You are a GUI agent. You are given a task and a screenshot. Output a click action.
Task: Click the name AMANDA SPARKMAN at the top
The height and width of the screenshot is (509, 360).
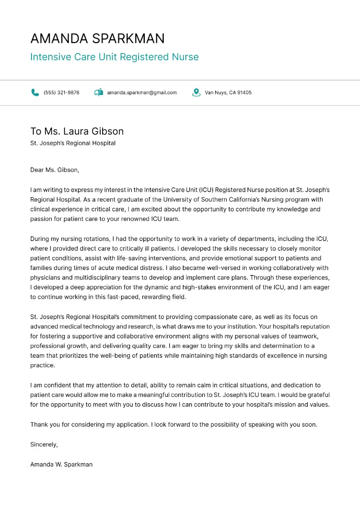97,39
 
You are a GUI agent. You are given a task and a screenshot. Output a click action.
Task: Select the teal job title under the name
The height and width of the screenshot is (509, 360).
114,57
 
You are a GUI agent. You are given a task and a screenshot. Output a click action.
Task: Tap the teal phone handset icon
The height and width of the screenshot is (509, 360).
35,92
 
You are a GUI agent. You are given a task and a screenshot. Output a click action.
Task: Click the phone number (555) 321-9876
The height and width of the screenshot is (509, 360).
61,93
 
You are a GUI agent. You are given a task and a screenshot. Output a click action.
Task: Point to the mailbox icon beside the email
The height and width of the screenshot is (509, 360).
99,92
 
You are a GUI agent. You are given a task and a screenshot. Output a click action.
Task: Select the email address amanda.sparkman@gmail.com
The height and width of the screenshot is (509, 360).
142,93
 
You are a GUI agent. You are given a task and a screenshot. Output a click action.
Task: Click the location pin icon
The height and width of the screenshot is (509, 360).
196,92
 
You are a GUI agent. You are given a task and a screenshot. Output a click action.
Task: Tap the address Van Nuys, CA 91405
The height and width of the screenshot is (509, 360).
228,93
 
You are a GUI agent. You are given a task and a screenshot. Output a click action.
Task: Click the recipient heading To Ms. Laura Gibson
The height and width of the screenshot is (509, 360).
77,131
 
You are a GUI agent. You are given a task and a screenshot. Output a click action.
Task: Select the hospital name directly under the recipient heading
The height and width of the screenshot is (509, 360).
73,144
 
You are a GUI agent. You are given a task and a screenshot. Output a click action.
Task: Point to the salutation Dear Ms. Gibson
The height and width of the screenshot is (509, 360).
54,170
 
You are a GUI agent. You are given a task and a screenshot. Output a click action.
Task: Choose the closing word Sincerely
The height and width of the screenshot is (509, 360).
44,445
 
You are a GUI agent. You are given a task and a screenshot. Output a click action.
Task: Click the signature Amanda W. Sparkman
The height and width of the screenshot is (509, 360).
61,464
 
